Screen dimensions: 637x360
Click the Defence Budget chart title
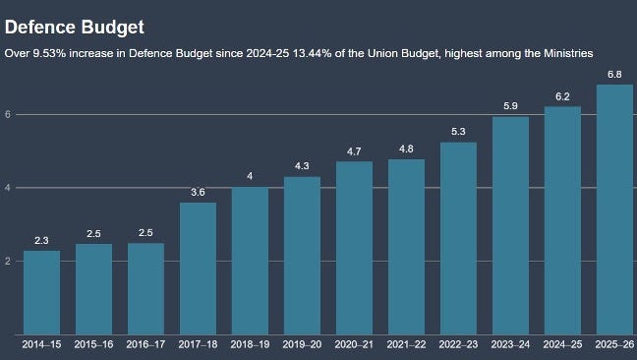75,28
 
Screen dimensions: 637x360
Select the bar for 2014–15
42,292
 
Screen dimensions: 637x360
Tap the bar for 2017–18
198,269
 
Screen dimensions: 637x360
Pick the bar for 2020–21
354,248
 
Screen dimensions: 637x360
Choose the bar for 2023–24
510,226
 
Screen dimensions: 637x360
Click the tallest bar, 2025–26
614,210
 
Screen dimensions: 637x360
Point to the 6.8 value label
614,75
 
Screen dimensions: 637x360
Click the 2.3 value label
41,241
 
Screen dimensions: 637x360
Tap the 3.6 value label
198,192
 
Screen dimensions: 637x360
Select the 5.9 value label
510,106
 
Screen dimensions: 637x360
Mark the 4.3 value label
302,166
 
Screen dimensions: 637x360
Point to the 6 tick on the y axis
8,114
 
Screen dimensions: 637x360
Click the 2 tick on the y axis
8,262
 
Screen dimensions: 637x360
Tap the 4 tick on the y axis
8,188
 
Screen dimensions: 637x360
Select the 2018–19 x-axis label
250,344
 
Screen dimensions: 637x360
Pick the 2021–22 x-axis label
406,344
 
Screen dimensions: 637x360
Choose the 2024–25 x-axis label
562,344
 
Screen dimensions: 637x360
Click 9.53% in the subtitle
49,53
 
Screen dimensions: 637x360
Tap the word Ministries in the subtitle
568,53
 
